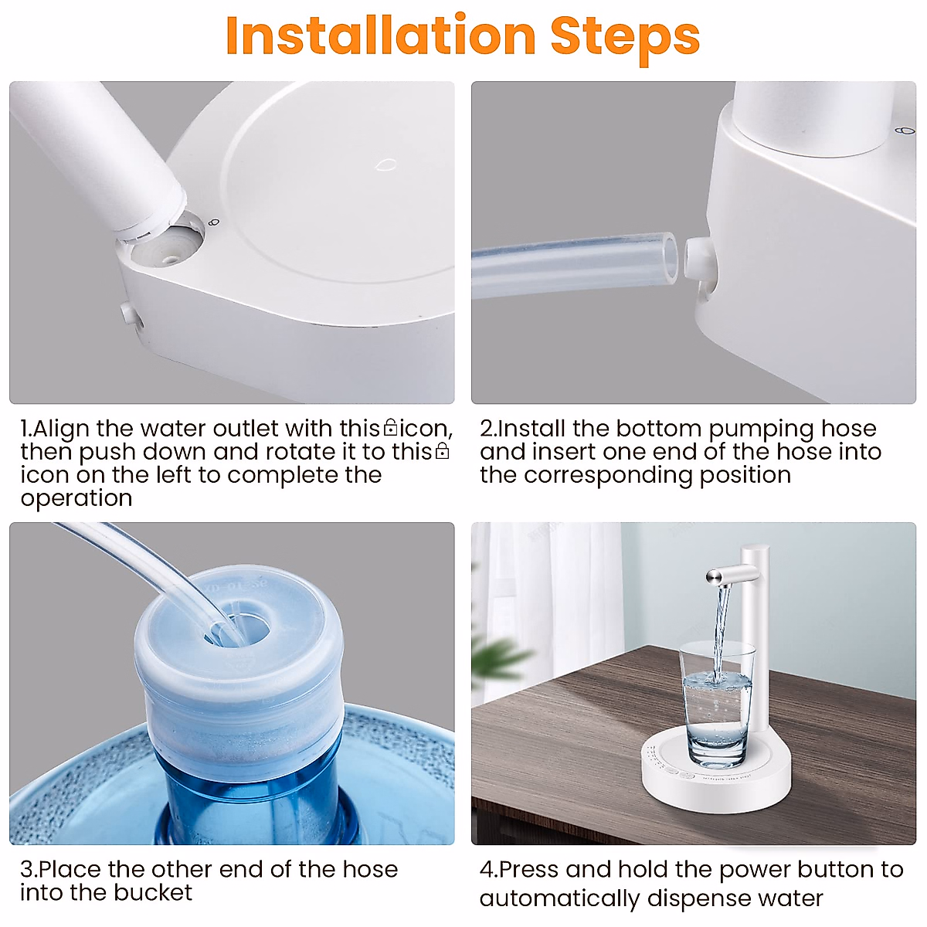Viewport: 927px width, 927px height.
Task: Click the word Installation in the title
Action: (381, 36)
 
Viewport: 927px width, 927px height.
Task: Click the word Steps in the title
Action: (626, 39)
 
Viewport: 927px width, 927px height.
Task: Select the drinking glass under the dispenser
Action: (716, 703)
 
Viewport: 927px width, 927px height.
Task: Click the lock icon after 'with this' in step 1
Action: (390, 427)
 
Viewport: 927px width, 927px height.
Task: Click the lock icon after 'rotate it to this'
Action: (442, 450)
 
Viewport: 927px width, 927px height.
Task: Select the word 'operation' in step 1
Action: (76, 498)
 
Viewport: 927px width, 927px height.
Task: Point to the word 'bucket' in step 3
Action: (153, 893)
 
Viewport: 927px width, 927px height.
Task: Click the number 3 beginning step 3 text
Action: (27, 870)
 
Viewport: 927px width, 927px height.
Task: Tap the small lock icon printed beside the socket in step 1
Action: (215, 222)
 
